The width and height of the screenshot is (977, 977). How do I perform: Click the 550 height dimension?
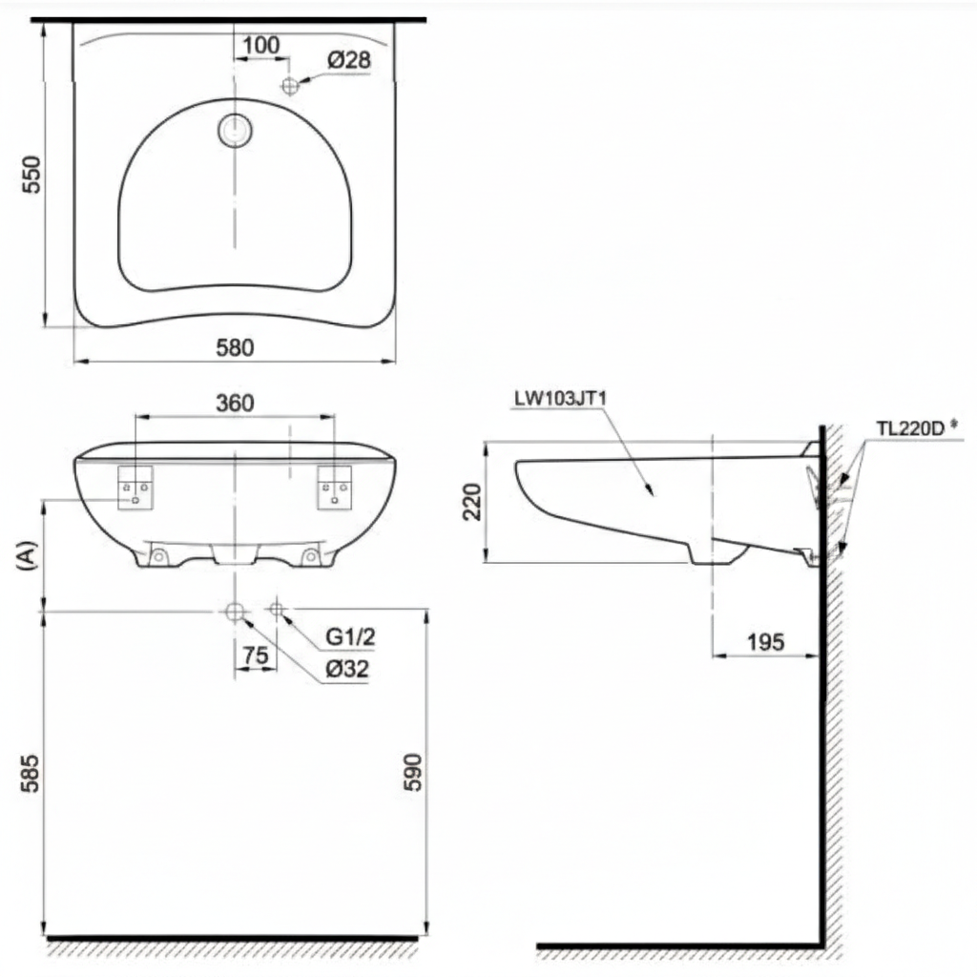click(31, 175)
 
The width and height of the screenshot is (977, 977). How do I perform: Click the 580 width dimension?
click(235, 348)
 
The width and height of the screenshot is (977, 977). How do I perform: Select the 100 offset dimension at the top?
click(260, 44)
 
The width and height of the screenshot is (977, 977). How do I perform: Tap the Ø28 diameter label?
click(348, 60)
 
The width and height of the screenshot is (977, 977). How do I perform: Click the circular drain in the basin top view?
click(235, 131)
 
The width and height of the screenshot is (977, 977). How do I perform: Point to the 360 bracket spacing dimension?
click(235, 403)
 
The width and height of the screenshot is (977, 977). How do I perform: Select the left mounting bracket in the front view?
click(135, 488)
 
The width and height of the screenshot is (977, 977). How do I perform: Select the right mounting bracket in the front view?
click(335, 488)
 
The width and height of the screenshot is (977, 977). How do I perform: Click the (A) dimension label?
click(26, 555)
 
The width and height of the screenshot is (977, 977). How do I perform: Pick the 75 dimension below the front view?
click(255, 656)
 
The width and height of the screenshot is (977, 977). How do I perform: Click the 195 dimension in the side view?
click(765, 642)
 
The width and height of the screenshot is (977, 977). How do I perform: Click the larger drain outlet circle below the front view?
click(235, 612)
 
